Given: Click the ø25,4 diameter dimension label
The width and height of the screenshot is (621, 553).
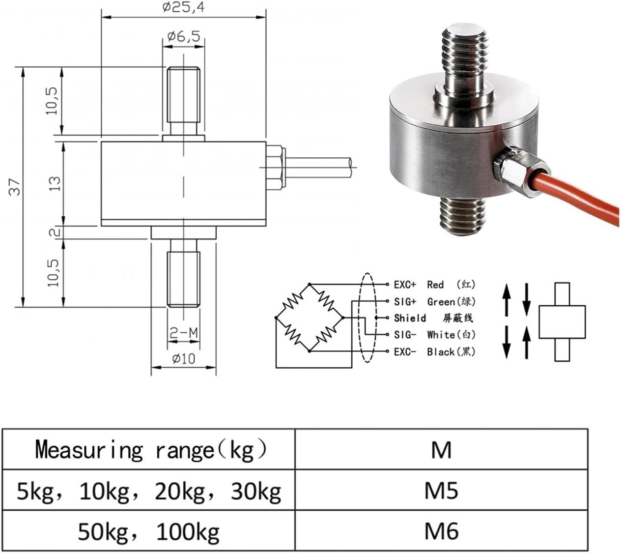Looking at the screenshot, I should click(x=183, y=7).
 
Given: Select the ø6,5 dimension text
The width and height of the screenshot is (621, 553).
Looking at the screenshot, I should click(x=183, y=36).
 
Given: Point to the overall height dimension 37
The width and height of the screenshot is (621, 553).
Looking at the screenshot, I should click(x=16, y=187).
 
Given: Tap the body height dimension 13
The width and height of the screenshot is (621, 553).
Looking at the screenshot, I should click(x=55, y=183).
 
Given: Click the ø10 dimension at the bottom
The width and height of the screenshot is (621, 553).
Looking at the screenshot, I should click(x=183, y=359).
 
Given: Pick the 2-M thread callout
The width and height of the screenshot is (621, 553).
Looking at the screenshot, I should click(x=183, y=334).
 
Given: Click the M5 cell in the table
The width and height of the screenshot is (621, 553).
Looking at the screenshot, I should click(x=441, y=490).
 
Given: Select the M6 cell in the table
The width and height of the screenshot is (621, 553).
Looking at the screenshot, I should click(x=441, y=531).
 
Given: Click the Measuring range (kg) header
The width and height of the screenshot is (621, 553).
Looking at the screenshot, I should click(x=150, y=449).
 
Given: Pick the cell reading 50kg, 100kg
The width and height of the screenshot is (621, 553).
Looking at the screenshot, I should click(x=149, y=531).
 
